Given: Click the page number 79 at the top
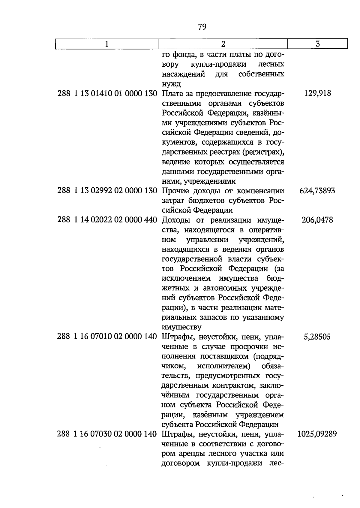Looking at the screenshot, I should [202, 27].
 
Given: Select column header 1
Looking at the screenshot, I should [107, 44].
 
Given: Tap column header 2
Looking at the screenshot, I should [223, 44].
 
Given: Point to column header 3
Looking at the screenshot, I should [318, 44].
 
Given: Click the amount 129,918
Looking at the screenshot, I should [317, 93].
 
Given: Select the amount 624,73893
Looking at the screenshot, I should [317, 191].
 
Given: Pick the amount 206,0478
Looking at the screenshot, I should [317, 220].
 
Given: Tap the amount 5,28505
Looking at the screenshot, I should [317, 337].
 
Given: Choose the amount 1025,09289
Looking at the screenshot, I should [317, 434].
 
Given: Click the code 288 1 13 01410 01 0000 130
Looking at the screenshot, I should [107, 94].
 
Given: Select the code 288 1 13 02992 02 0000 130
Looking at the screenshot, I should [107, 191].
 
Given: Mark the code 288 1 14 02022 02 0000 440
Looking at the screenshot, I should [107, 220].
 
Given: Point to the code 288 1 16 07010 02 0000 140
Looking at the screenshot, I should [107, 337].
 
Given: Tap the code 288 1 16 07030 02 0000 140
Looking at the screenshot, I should [107, 434].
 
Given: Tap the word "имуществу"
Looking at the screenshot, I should [181, 327].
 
